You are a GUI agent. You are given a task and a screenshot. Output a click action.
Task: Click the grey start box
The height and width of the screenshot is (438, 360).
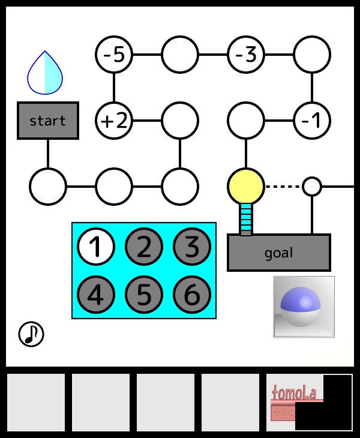[47, 121]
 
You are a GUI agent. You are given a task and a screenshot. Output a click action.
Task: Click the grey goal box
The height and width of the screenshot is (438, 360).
[278, 253]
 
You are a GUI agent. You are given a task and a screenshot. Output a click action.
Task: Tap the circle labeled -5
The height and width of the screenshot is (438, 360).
[113, 55]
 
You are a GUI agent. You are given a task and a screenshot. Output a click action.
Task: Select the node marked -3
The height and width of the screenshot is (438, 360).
[245, 55]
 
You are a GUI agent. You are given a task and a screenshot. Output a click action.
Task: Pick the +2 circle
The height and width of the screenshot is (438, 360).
[113, 121]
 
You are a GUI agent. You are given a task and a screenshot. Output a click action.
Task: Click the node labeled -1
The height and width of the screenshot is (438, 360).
[311, 121]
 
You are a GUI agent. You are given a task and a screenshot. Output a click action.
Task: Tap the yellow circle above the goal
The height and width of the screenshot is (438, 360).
[245, 186]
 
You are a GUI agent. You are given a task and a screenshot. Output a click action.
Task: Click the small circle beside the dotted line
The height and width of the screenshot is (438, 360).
[311, 186]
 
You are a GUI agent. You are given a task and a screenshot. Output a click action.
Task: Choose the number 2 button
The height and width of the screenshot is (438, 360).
[143, 247]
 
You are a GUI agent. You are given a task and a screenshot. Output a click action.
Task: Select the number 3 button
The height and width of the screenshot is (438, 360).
[191, 247]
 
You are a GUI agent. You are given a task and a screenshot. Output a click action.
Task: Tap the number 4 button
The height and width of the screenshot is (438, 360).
[95, 295]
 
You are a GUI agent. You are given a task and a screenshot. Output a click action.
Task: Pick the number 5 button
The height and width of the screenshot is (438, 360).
[143, 295]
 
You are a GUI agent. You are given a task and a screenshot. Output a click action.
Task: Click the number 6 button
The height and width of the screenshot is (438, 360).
[191, 295]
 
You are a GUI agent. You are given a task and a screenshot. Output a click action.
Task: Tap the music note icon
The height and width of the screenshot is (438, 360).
[31, 334]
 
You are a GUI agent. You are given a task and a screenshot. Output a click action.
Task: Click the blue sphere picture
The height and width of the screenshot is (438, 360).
[304, 307]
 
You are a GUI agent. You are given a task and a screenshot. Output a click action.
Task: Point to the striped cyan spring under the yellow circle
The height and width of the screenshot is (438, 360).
[245, 218]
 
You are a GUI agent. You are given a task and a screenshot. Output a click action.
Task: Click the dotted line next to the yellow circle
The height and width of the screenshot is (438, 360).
[283, 186]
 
